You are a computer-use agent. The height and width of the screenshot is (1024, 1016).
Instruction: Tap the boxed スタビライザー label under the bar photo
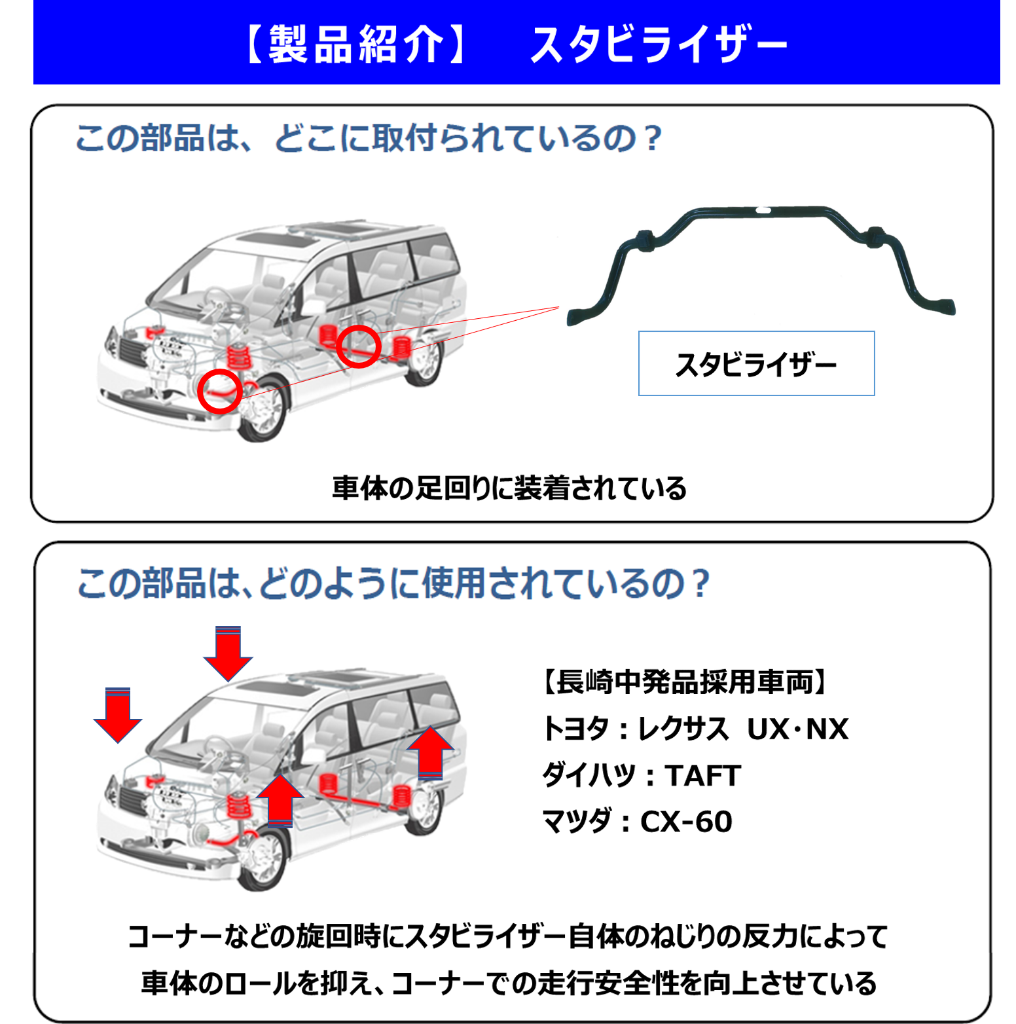[756, 364]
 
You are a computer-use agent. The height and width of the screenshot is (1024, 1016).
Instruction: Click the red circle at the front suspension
[220, 391]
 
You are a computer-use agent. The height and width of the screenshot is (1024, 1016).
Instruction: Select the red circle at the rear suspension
[359, 346]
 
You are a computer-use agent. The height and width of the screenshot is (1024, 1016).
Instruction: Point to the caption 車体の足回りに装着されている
[509, 488]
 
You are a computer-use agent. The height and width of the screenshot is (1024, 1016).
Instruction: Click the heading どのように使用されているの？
[484, 583]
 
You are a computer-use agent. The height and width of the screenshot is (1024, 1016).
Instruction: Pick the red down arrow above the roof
[228, 653]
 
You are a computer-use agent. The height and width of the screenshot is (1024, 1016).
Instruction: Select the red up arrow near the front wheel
[280, 800]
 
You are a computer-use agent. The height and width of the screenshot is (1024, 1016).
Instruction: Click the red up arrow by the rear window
[430, 752]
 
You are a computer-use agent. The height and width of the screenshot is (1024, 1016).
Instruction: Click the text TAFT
[703, 776]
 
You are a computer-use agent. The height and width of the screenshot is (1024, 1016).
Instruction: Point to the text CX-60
[686, 822]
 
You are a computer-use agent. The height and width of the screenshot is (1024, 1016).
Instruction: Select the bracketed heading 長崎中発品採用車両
[684, 682]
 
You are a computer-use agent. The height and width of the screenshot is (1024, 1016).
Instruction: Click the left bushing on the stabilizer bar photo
[645, 240]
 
